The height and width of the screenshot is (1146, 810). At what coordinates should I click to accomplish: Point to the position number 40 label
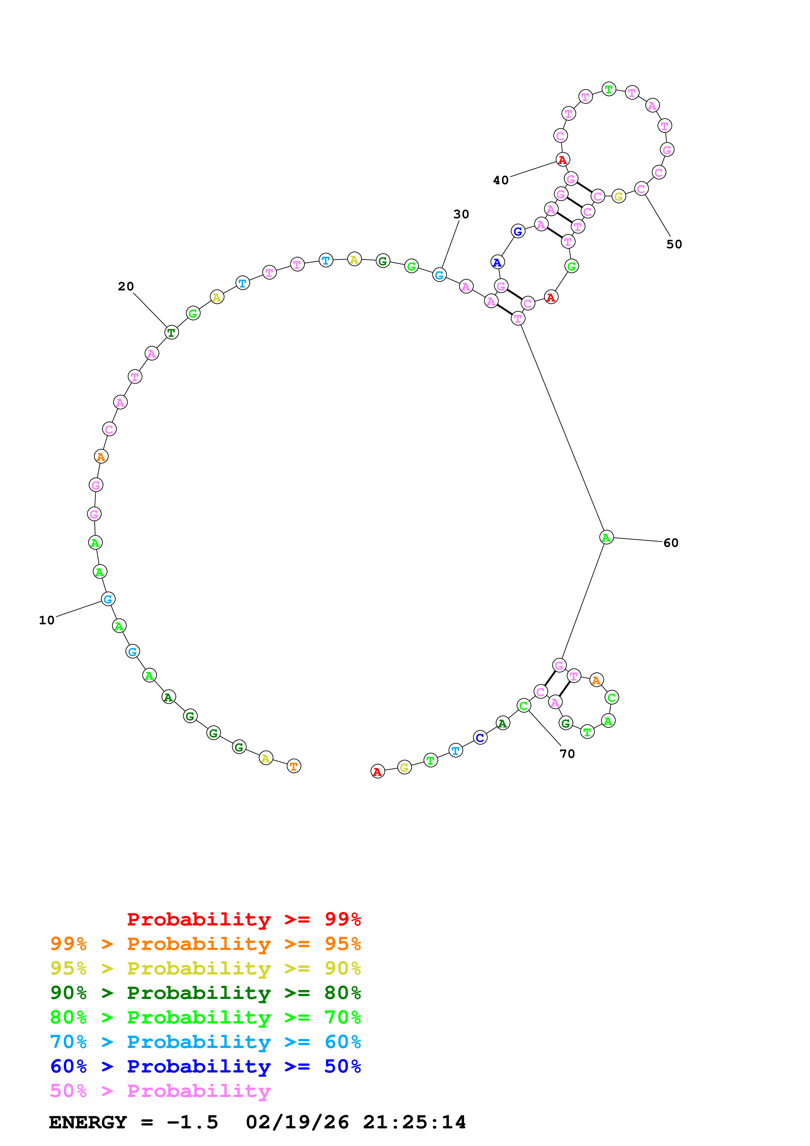click(501, 180)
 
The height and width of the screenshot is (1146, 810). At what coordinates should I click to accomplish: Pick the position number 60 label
click(671, 543)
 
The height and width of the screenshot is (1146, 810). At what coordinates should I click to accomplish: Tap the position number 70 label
click(567, 754)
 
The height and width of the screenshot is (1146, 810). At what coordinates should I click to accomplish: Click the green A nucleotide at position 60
click(606, 538)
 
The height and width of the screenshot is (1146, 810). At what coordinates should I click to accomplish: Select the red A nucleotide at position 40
click(562, 160)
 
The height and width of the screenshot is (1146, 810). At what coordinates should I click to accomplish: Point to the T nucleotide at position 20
click(171, 333)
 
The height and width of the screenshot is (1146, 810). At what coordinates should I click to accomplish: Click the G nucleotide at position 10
click(108, 599)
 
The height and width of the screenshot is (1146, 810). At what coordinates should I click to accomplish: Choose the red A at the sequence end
click(377, 772)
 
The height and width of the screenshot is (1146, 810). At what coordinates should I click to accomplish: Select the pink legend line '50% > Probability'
click(160, 1091)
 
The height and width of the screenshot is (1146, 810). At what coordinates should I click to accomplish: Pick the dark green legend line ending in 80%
click(205, 993)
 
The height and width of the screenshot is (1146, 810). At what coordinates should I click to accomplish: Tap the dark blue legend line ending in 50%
click(205, 1067)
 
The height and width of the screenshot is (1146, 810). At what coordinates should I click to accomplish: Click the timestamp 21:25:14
click(414, 1122)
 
